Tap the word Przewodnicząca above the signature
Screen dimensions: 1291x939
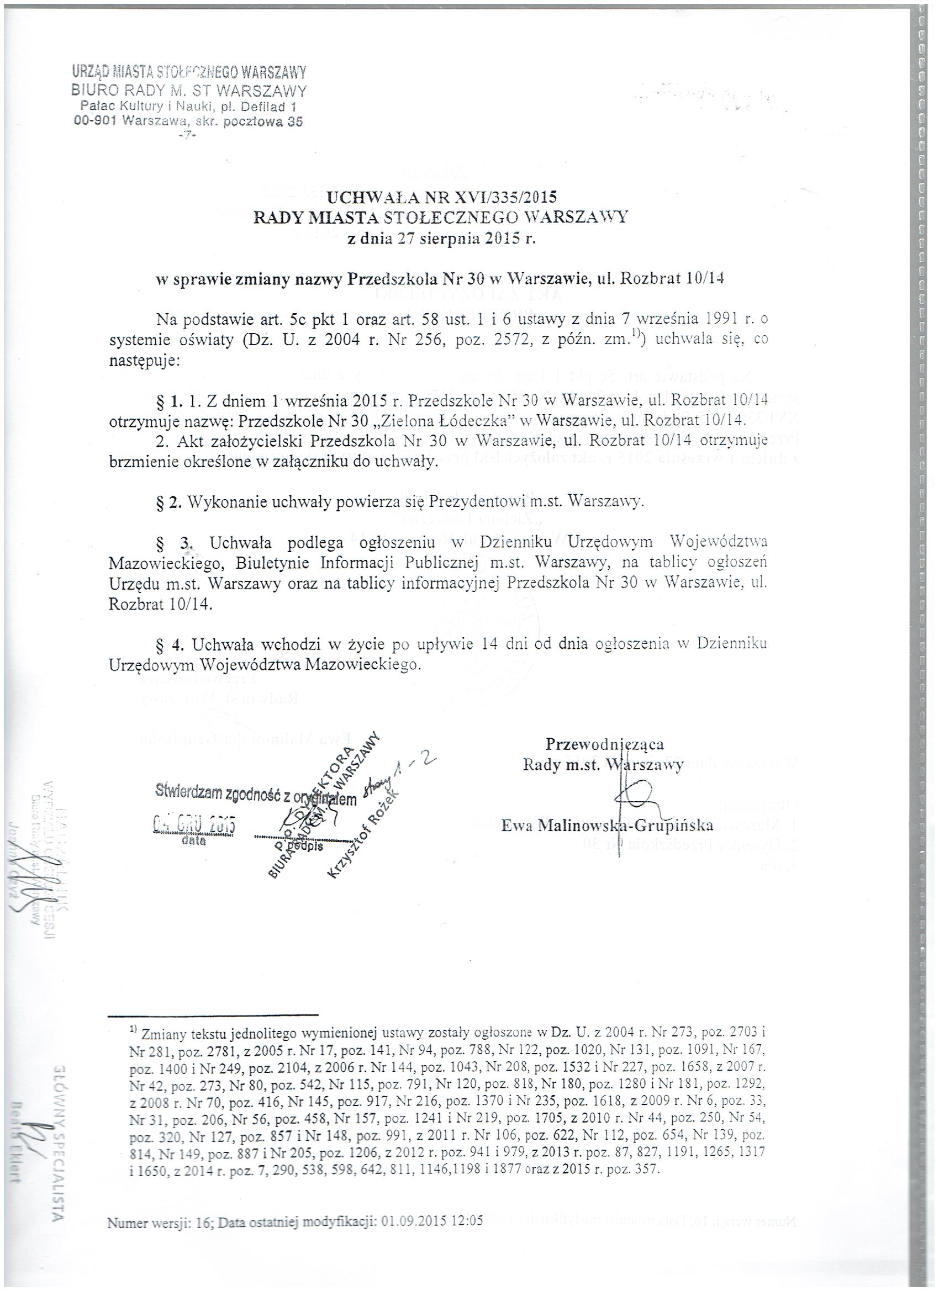point(604,744)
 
